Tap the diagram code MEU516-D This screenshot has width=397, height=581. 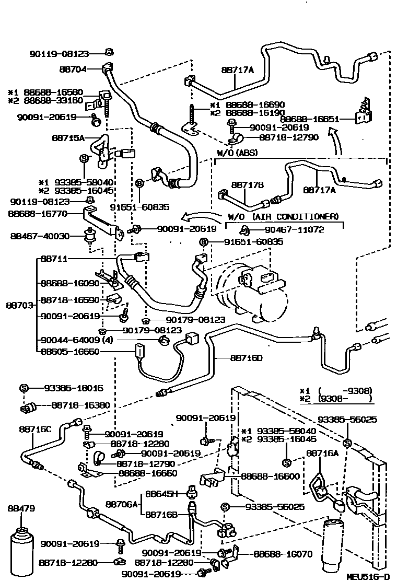[368, 576]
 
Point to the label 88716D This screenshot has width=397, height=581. [246, 358]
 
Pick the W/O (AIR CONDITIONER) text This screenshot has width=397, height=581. [283, 216]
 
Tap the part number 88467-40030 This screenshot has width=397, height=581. [39, 236]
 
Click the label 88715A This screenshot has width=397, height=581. [68, 138]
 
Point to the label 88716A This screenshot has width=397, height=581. [322, 453]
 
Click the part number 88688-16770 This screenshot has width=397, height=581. [39, 213]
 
